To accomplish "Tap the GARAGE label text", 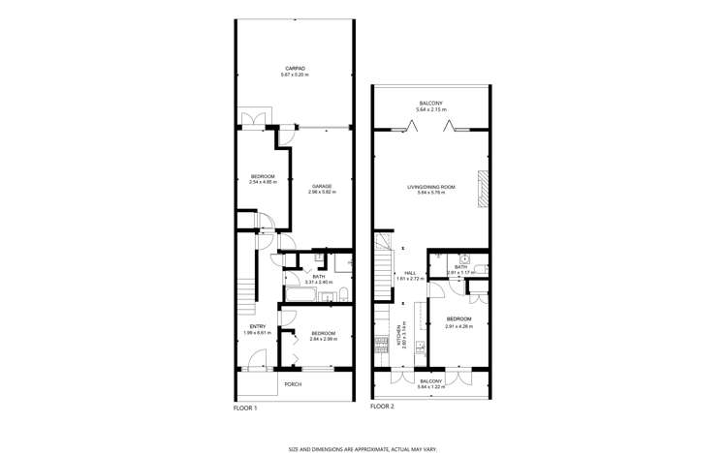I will [x=323, y=186].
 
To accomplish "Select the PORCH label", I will [x=292, y=385].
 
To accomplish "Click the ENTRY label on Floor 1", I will [x=257, y=326].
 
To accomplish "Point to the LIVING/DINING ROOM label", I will [x=431, y=187].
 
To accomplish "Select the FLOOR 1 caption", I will [x=246, y=408].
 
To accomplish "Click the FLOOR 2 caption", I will [x=382, y=408].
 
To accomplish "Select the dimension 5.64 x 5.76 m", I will [x=431, y=193].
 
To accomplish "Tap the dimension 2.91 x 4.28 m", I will [x=458, y=326].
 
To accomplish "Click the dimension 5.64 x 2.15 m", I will [x=431, y=110].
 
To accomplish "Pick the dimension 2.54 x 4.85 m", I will [x=263, y=182].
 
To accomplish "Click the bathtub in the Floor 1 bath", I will [x=300, y=290].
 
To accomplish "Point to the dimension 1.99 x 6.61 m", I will [x=257, y=333].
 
